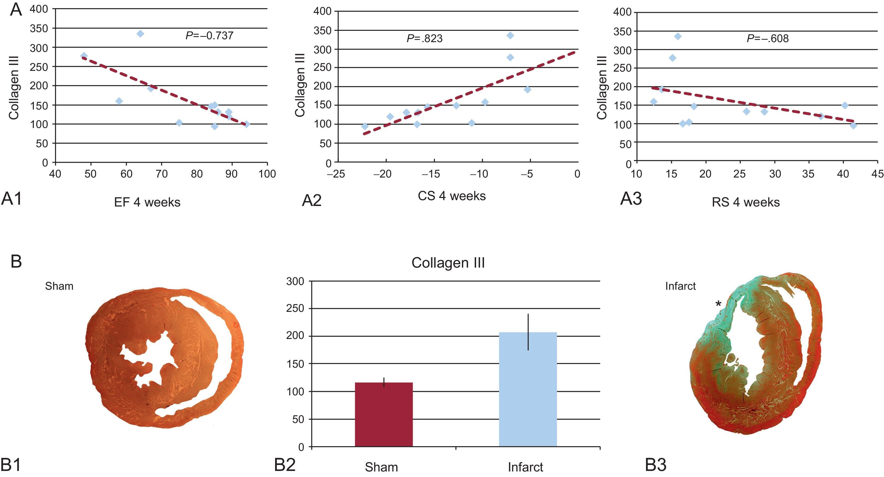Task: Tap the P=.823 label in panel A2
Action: [425, 38]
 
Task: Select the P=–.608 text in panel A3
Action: [768, 38]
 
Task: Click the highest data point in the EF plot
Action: [140, 34]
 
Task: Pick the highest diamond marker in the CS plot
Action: [510, 35]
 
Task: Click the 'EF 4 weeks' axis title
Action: [147, 202]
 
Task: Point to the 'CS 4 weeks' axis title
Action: [452, 196]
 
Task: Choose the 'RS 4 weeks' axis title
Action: [746, 202]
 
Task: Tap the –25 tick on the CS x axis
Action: [336, 174]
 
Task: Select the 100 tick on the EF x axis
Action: [267, 174]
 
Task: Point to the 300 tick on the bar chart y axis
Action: [295, 281]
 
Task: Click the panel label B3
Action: [655, 465]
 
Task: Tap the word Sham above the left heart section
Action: [59, 286]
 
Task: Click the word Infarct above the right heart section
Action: [680, 286]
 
